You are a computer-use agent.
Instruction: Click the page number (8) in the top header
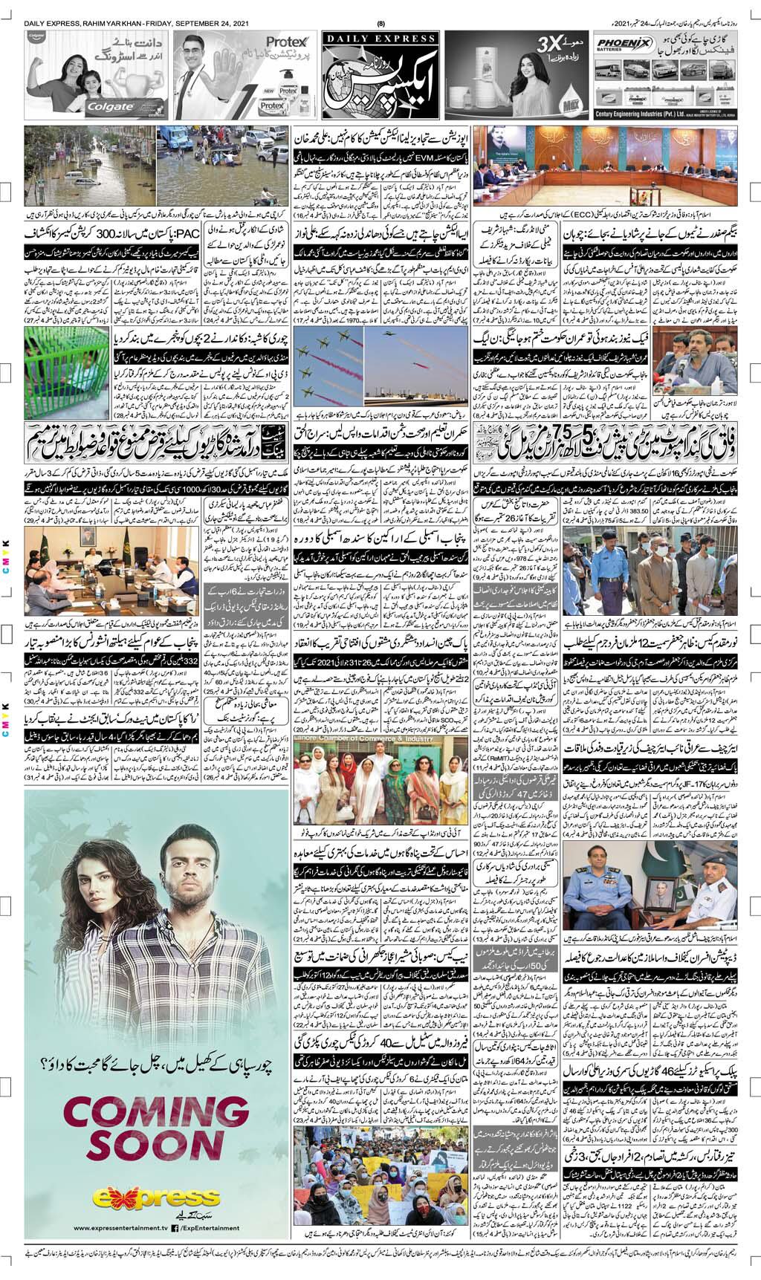pos(380,22)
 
